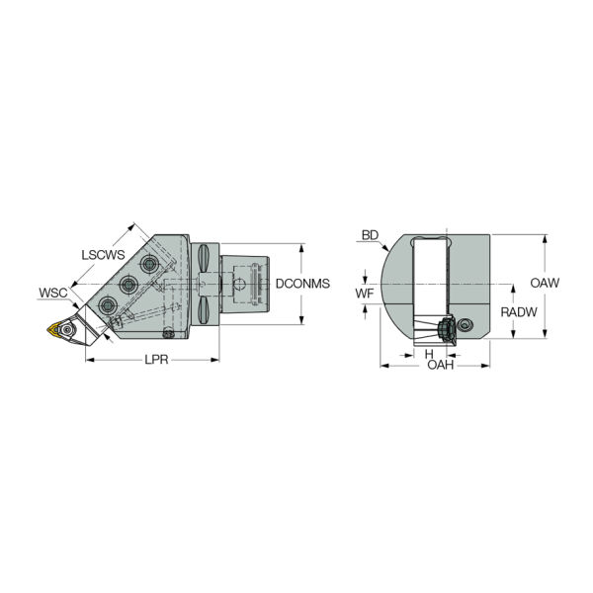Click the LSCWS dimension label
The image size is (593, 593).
pyautogui.click(x=103, y=255)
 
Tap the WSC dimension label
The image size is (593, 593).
pyautogui.click(x=53, y=293)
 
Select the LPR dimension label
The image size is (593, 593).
pyautogui.click(x=156, y=360)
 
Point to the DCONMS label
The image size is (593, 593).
pyautogui.click(x=302, y=284)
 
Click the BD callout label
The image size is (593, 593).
pyautogui.click(x=370, y=235)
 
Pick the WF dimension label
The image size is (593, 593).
pyautogui.click(x=365, y=293)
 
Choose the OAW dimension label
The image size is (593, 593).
pyautogui.click(x=545, y=283)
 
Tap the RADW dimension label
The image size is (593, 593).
pyautogui.click(x=519, y=312)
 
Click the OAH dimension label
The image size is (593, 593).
pyautogui.click(x=440, y=365)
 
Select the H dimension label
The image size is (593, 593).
pyautogui.click(x=429, y=354)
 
